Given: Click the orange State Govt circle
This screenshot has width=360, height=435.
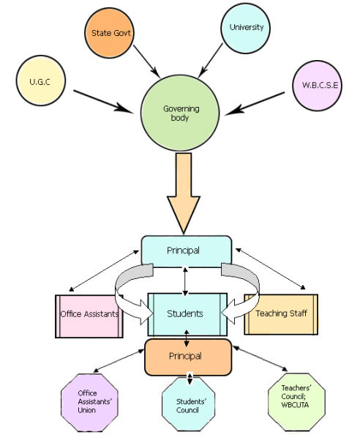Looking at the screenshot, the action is pyautogui.click(x=109, y=33).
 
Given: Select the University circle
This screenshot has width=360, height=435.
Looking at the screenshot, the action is pyautogui.click(x=246, y=28).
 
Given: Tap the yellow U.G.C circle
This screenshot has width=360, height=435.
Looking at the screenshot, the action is pyautogui.click(x=41, y=81).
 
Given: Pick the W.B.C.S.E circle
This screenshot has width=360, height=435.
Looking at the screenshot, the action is pyautogui.click(x=318, y=86).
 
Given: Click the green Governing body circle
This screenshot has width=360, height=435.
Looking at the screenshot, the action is pyautogui.click(x=180, y=113).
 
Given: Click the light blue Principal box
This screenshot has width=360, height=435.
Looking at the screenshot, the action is pyautogui.click(x=187, y=250).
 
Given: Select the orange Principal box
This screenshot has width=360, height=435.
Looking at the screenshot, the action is pyautogui.click(x=188, y=357).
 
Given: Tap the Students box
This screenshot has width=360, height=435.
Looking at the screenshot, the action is pyautogui.click(x=187, y=314).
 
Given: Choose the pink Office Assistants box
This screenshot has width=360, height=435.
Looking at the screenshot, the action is pyautogui.click(x=89, y=316).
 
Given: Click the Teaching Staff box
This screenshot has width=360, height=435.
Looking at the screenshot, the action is pyautogui.click(x=281, y=314).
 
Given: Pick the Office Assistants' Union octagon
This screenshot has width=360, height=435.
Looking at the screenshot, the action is pyautogui.click(x=89, y=403).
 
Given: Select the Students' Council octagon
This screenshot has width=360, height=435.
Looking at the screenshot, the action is pyautogui.click(x=189, y=404).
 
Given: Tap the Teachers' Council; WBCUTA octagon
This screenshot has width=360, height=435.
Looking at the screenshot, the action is pyautogui.click(x=296, y=402).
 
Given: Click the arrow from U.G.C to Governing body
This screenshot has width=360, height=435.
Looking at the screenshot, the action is pyautogui.click(x=103, y=102).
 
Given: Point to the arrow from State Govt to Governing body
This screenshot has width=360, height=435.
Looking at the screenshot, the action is pyautogui.click(x=146, y=62).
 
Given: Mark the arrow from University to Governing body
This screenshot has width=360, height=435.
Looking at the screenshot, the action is pyautogui.click(x=210, y=61).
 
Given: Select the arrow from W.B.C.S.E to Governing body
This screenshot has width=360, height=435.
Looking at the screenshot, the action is pyautogui.click(x=255, y=103).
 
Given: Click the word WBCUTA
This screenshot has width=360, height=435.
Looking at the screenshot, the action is pyautogui.click(x=295, y=405).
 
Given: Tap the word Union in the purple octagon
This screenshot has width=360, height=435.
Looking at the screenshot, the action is pyautogui.click(x=87, y=410).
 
